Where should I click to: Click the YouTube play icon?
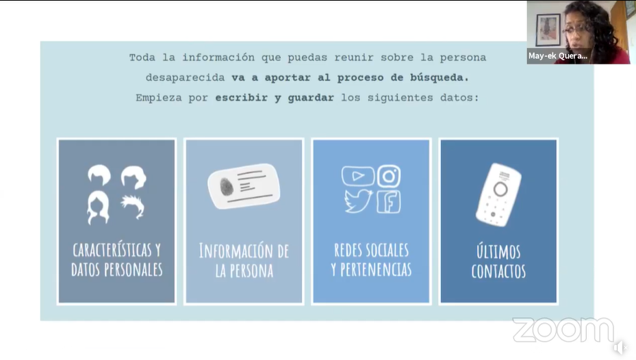click(358, 176)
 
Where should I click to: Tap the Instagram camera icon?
click(389, 176)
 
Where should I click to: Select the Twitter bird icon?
click(358, 201)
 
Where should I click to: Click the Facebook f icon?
click(389, 201)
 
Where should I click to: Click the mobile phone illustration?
click(498, 194)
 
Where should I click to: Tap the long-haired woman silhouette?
click(98, 207)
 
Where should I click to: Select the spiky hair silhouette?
click(133, 207)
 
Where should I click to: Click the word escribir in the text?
click(242, 98)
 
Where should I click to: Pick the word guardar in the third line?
click(311, 98)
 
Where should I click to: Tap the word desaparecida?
click(185, 77)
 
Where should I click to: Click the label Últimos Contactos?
click(498, 261)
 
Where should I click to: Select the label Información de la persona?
click(244, 261)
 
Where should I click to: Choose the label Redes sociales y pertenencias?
click(371, 259)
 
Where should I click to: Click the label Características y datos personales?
click(117, 259)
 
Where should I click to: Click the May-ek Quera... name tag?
click(558, 56)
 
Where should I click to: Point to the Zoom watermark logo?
click(563, 330)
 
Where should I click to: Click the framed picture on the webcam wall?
click(548, 29)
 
